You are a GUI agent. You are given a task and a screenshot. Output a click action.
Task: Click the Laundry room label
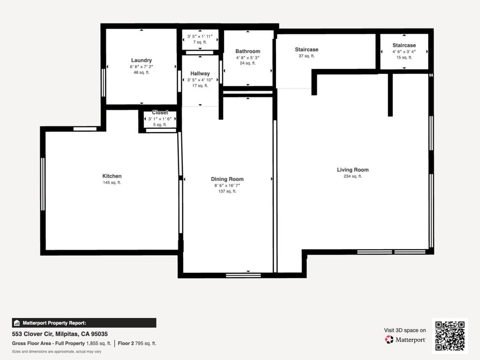coord(142,60)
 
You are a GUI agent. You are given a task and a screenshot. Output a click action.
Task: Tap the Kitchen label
coord(112,176)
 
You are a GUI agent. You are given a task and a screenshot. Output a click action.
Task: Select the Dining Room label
coord(227,179)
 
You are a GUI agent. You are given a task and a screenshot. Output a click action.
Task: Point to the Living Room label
coord(352,170)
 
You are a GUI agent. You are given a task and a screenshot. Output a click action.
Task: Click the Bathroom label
coord(247,51)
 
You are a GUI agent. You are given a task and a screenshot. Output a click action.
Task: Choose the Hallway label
coord(200,74)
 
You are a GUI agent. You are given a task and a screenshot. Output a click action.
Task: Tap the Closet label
coord(160,112)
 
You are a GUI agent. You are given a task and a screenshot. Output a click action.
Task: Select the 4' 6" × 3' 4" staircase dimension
coord(404,52)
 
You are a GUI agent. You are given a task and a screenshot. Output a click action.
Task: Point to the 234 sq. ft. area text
coord(352,176)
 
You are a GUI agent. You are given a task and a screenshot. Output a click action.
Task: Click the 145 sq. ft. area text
coord(112,183)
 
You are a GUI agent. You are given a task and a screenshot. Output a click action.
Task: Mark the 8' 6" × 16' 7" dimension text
coord(227,186)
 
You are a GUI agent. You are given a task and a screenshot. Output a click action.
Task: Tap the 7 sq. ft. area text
coord(200,42)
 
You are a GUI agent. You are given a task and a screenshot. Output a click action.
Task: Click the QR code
coord(450,336)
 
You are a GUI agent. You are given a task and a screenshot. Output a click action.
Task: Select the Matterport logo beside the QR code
coord(389,339)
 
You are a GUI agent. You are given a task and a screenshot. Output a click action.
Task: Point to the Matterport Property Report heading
coord(54,323)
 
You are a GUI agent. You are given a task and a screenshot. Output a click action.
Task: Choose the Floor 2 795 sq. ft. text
coord(137,344)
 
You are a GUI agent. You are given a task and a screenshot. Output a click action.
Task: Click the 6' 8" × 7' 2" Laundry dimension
coord(142,67)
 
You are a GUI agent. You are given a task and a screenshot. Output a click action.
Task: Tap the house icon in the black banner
coord(17,323)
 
